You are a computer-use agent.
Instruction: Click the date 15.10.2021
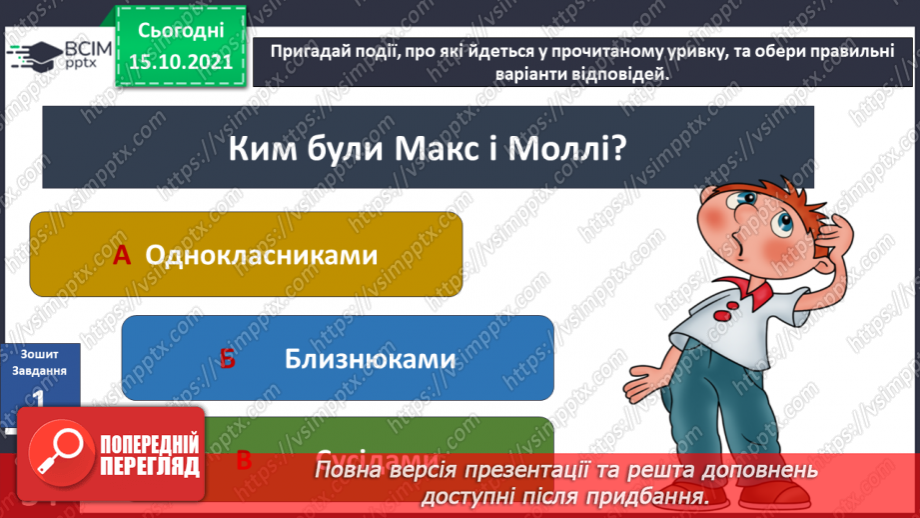(x=180, y=62)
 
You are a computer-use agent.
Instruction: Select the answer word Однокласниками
(x=262, y=255)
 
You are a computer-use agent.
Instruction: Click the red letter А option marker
(x=122, y=256)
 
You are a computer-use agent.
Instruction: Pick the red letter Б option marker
(x=227, y=359)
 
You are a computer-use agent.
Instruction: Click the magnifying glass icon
(x=56, y=452)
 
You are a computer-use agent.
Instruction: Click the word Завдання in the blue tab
(x=40, y=370)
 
